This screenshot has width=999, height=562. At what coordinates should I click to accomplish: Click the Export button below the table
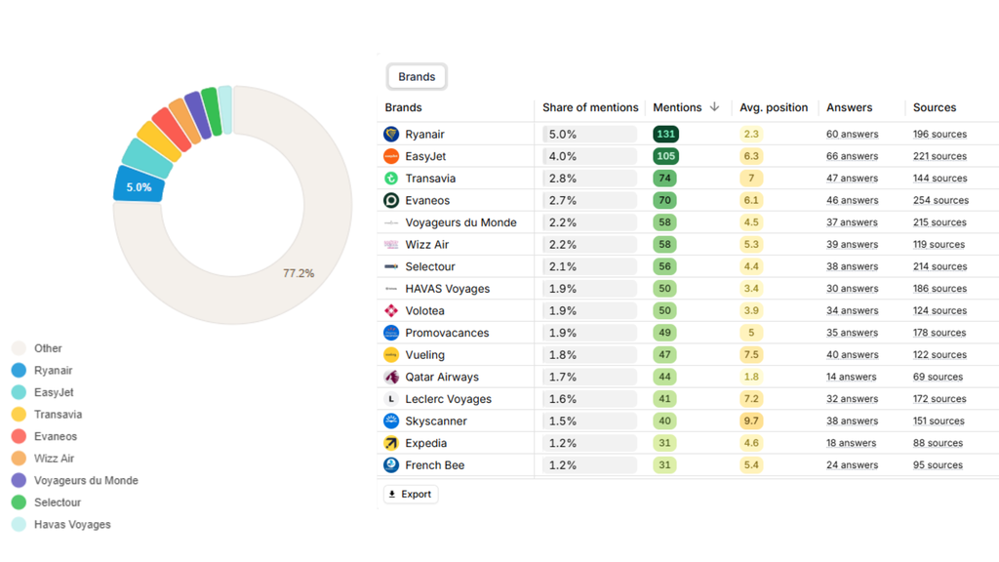(411, 495)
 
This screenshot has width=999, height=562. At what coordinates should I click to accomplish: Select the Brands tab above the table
(417, 77)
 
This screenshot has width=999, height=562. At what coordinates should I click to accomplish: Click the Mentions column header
(677, 107)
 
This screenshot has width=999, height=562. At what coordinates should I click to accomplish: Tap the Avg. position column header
(774, 107)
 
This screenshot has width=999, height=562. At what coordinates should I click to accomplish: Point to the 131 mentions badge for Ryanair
(666, 135)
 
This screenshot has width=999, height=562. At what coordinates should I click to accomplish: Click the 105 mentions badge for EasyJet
(666, 156)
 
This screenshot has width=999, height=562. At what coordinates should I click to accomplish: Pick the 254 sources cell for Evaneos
(940, 201)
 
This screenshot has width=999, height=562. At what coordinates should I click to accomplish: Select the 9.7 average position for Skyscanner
(751, 421)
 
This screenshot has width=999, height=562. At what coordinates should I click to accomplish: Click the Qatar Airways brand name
(442, 378)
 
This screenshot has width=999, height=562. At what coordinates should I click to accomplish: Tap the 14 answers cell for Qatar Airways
(852, 378)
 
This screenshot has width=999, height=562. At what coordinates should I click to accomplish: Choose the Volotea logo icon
(391, 311)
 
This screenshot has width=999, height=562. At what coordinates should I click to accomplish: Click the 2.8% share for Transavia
(563, 179)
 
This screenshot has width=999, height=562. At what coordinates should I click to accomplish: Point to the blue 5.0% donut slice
(139, 186)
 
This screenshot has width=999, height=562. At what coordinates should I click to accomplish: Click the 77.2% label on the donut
(299, 273)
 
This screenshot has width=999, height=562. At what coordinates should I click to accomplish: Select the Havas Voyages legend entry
(72, 525)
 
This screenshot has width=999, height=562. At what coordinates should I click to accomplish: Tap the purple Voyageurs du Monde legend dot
(19, 481)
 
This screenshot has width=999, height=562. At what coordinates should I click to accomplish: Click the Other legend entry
(48, 348)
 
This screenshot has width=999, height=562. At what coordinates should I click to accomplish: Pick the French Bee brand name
(435, 465)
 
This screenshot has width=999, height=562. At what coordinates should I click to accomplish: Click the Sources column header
(935, 107)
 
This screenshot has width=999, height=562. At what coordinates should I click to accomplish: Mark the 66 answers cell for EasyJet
(852, 156)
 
